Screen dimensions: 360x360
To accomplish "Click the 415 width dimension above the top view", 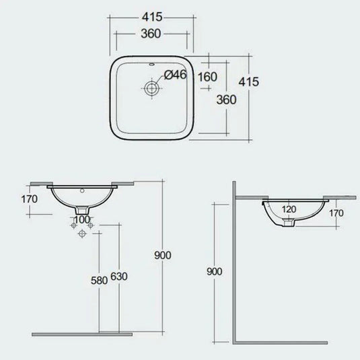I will pyautogui.click(x=153, y=14).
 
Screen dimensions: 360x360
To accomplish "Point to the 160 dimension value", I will pyautogui.click(x=208, y=76).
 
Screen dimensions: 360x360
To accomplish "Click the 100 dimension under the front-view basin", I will pyautogui.click(x=82, y=219).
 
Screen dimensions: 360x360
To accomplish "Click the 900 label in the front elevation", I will pyautogui.click(x=163, y=256).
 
